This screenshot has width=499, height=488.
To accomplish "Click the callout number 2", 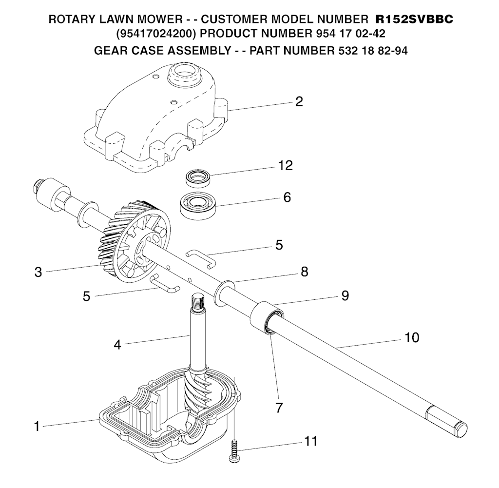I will point(299,101).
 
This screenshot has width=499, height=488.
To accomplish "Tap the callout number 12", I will point(286,166).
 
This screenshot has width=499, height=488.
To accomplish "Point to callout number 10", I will point(412,337).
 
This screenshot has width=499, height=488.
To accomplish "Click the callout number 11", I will point(310,441).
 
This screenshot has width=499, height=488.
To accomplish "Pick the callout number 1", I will point(37,426).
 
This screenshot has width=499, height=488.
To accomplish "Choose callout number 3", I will point(38,272).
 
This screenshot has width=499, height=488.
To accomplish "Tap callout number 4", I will point(117,344).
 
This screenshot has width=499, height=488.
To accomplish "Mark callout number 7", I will point(279,408).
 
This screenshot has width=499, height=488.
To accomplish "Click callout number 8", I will point(305,272).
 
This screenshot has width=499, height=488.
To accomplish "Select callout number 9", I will point(345,295).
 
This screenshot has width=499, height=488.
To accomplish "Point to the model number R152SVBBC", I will point(414,20).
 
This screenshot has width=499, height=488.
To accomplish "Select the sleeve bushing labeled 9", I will point(266,316).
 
